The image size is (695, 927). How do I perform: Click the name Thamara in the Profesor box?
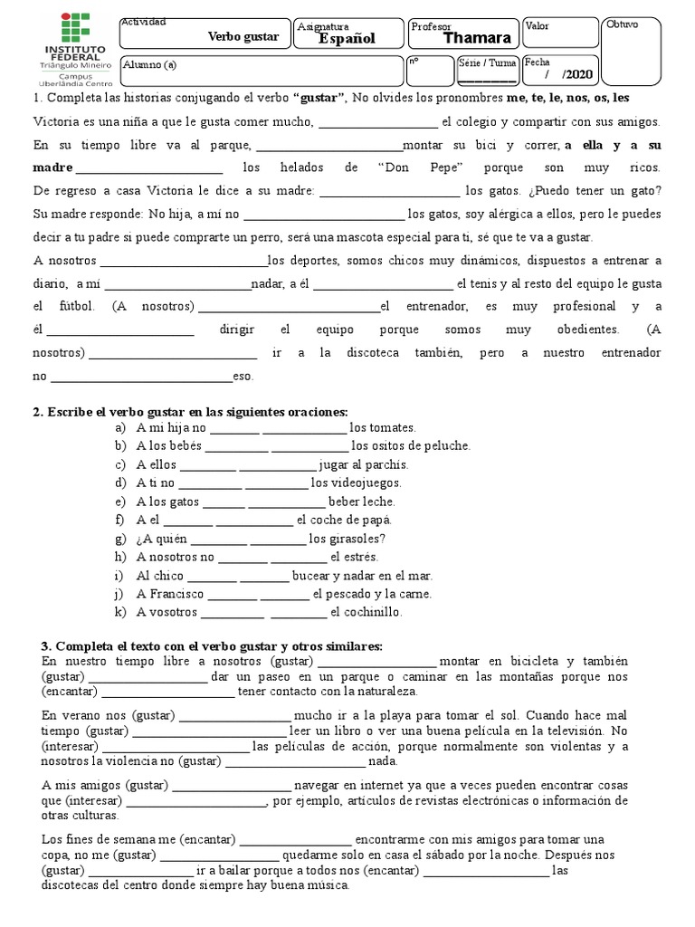pos(477,38)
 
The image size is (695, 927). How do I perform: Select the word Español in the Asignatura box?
pos(346,38)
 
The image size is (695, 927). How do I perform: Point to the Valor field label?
pos(538,27)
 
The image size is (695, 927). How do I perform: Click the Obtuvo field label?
pos(622,24)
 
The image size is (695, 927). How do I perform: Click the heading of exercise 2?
pos(190,412)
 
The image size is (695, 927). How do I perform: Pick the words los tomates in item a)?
pos(383,427)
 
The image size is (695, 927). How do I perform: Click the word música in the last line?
pos(323,886)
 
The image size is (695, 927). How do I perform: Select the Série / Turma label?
pos(489,64)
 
